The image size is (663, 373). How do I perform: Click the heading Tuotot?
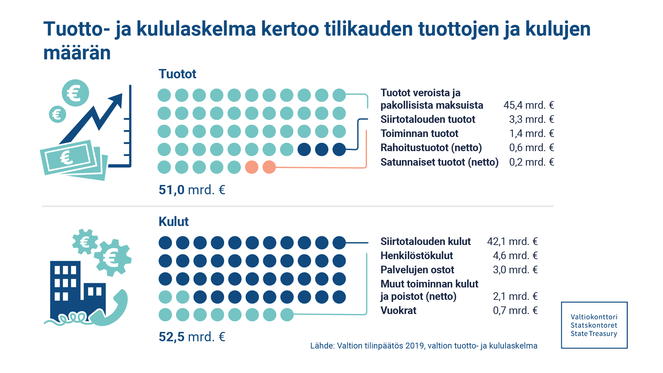(177, 74)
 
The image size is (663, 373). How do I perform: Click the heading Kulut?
(173, 222)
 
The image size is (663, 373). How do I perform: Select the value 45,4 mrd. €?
(528, 105)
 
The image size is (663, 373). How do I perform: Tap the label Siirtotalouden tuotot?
(427, 119)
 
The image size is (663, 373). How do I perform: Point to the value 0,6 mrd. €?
(531, 148)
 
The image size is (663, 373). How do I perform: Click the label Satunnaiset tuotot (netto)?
(439, 162)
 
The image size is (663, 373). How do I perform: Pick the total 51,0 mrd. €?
(192, 190)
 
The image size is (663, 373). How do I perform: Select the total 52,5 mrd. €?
(192, 337)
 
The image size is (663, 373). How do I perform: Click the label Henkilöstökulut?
(416, 256)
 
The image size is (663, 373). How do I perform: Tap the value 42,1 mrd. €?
(512, 242)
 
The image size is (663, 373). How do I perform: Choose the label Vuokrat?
(398, 311)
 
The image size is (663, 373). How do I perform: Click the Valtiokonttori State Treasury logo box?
(594, 325)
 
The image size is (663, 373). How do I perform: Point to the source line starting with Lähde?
(423, 346)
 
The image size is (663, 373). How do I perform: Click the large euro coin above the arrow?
(75, 93)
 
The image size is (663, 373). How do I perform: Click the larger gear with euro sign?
(113, 257)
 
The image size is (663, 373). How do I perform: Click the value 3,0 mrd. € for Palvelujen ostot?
(515, 270)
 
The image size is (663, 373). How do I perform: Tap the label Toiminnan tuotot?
(419, 134)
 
